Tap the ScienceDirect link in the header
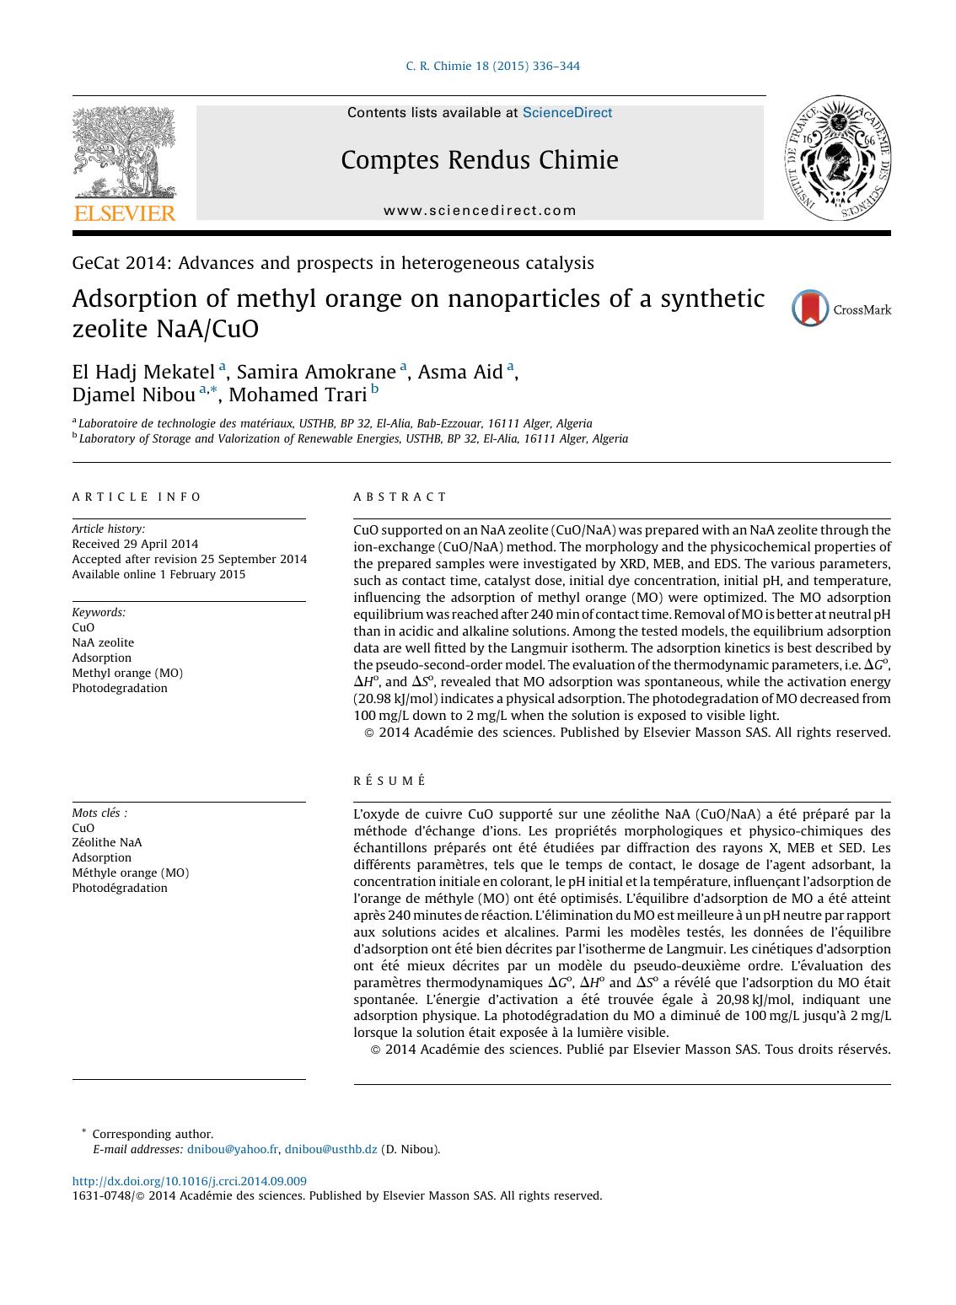[x=567, y=113]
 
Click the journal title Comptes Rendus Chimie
[x=479, y=160]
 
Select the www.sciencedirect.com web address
[x=480, y=211]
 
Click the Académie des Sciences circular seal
[x=841, y=158]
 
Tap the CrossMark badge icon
[x=811, y=309]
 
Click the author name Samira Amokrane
[x=317, y=372]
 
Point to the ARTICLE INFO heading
[x=137, y=497]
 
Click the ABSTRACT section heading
[x=400, y=497]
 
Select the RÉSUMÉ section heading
[x=389, y=781]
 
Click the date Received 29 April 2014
[x=135, y=544]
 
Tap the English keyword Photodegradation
[x=120, y=688]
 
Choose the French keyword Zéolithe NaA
[x=107, y=842]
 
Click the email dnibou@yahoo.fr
[x=232, y=1149]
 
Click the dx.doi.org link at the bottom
[x=189, y=1181]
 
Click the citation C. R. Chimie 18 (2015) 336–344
[x=492, y=67]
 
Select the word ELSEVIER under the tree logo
[x=125, y=213]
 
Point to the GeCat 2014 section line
[x=333, y=263]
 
